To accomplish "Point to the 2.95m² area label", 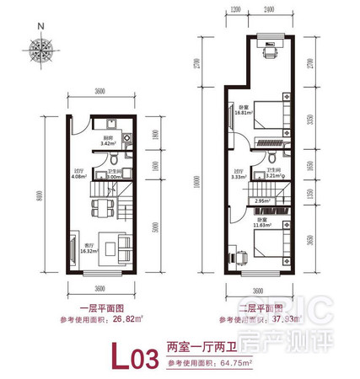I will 261,200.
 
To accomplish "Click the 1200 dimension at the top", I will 235,10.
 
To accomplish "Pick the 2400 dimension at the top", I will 268,10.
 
